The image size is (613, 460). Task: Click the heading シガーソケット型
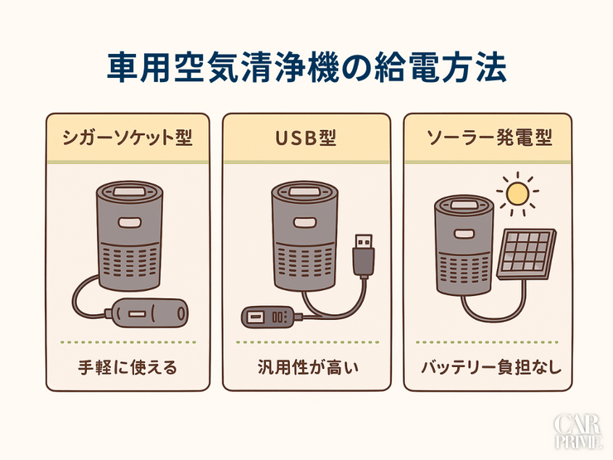(127, 138)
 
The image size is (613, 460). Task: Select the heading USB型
(306, 138)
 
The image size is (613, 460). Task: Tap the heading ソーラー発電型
(487, 138)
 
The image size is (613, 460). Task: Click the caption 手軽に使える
(127, 366)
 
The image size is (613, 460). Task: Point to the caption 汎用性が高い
(306, 366)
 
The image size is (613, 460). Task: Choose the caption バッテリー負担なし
(487, 366)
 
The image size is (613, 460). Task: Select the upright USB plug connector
(363, 254)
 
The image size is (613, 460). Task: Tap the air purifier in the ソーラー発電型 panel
(464, 245)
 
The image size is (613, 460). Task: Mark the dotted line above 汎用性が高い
(306, 341)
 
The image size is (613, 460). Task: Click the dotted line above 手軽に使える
(127, 341)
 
